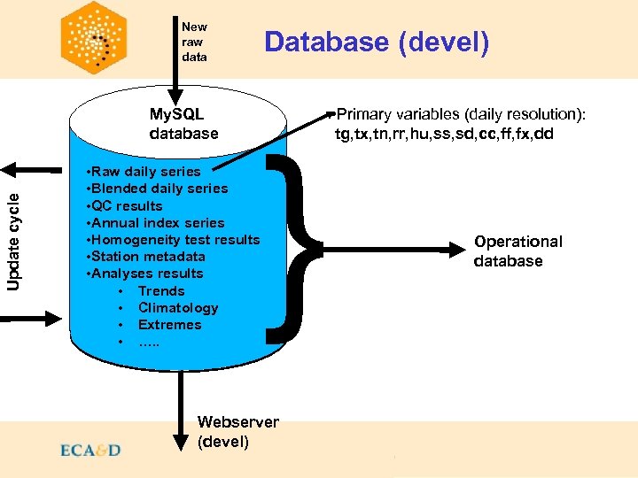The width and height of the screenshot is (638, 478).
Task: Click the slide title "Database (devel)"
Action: tap(376, 42)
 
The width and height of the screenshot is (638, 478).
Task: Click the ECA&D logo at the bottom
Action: tap(90, 451)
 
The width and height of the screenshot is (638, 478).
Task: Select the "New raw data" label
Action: tap(194, 42)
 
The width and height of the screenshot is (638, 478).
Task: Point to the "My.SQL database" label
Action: tap(183, 124)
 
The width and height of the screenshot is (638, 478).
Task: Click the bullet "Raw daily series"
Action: tap(144, 171)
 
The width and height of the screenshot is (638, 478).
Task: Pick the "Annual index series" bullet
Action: tap(155, 222)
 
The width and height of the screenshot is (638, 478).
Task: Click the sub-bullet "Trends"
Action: tap(161, 290)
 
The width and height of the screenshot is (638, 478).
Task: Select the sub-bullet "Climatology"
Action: tap(178, 307)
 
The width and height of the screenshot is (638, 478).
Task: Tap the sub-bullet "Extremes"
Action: tap(169, 325)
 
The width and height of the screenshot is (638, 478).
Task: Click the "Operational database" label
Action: tap(517, 251)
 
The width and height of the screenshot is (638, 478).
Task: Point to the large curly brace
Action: tap(298, 248)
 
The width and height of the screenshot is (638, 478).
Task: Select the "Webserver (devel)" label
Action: tap(237, 432)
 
